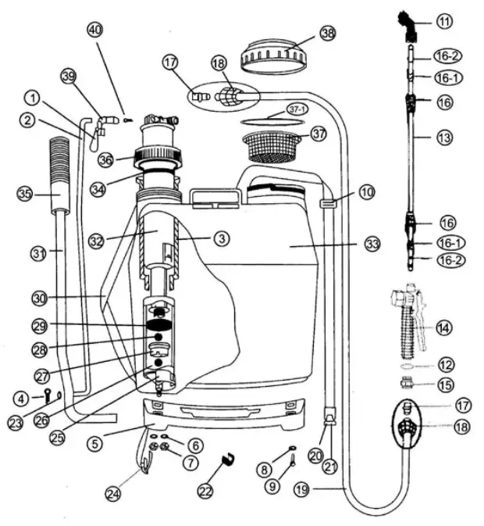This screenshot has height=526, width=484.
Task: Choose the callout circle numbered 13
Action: [x=444, y=138]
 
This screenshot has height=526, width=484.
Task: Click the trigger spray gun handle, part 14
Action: [x=407, y=320]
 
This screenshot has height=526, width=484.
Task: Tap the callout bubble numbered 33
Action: [x=372, y=245]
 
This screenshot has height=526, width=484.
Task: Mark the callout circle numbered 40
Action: [x=94, y=30]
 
